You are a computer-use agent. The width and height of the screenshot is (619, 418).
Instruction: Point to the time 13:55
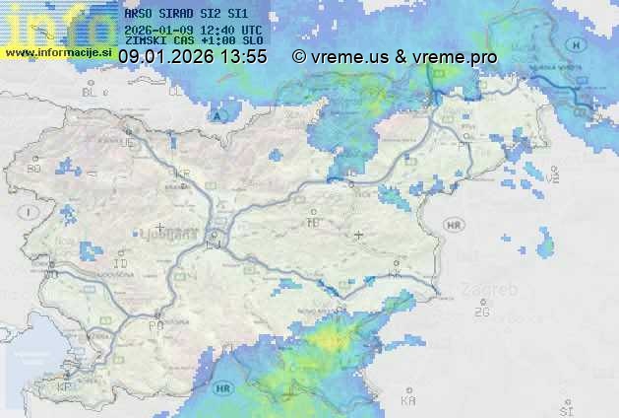[244, 58]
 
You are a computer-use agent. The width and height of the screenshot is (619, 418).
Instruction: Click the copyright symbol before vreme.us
[299, 58]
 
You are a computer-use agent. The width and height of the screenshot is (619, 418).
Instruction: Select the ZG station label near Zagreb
[481, 313]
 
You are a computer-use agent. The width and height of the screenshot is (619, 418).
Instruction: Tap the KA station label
[408, 401]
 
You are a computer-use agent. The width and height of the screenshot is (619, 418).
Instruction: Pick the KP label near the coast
[66, 386]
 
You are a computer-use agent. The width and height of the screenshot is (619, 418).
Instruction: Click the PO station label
[155, 324]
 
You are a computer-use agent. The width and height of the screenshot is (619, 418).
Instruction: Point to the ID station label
[121, 264]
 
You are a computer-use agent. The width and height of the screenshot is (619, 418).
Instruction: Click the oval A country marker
[217, 115]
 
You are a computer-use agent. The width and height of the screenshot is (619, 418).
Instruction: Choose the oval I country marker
[31, 211]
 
